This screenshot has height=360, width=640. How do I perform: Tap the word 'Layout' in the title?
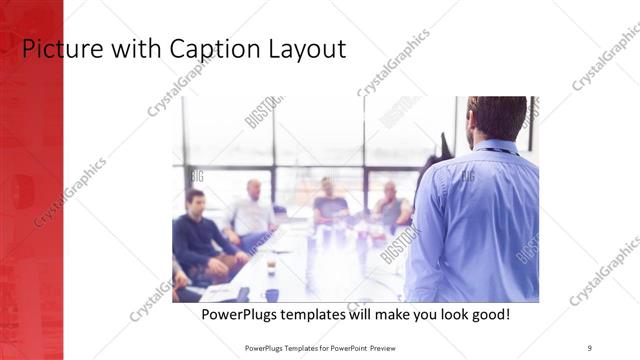(308, 48)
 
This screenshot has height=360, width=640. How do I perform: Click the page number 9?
(590, 347)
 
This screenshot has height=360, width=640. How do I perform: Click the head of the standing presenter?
(496, 117)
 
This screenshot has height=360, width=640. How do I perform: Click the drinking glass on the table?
(270, 265)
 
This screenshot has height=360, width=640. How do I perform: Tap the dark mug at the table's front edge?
(272, 295)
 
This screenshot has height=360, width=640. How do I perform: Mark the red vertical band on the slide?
(31, 200)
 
